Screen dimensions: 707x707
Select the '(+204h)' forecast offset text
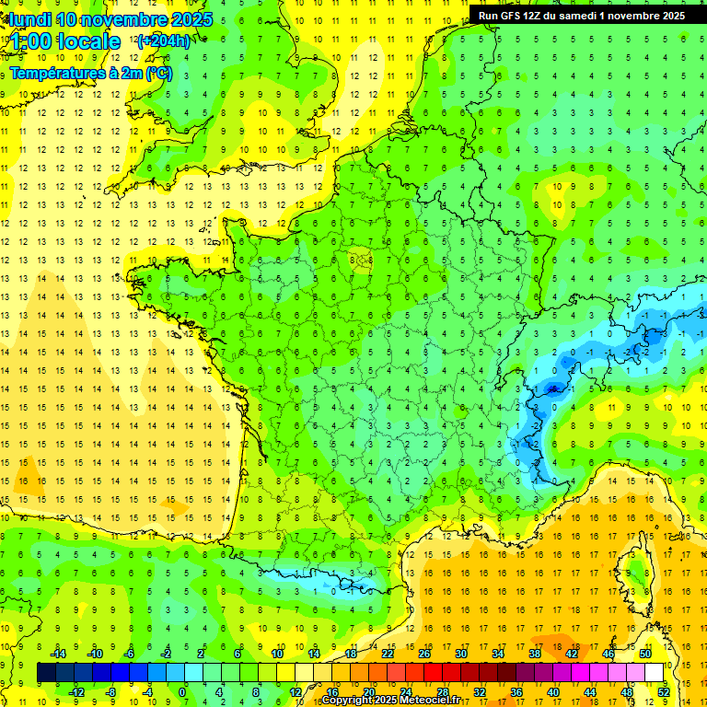(x=164, y=41)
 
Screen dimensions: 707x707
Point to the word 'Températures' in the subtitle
(x=55, y=73)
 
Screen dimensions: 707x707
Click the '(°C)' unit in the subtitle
(x=157, y=73)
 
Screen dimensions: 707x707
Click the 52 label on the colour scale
(x=664, y=691)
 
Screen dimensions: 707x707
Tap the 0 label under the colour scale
(x=182, y=691)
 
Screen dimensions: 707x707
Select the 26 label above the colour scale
(x=424, y=654)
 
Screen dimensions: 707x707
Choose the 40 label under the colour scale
(x=553, y=691)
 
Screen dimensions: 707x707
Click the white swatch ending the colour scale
(x=655, y=672)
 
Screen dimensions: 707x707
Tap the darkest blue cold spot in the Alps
(x=552, y=388)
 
